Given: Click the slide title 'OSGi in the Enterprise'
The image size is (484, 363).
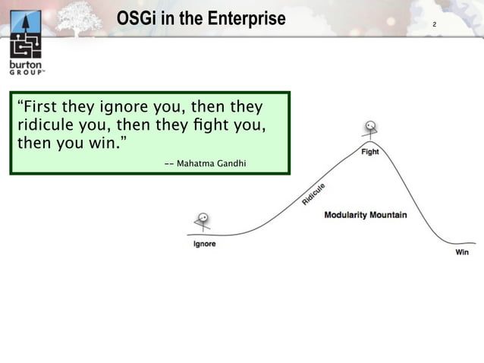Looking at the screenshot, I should (201, 18).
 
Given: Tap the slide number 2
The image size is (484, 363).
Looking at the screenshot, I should (434, 26).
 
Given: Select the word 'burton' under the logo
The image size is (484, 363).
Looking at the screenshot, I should (26, 66).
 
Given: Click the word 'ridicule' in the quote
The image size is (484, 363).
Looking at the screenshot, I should (42, 124).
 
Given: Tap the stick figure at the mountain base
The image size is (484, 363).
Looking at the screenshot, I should (203, 222).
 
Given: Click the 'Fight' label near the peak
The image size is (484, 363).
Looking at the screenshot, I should (369, 152).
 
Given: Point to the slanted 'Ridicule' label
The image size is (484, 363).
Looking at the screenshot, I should (314, 194).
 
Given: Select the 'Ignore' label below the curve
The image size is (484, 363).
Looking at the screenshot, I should (204, 244).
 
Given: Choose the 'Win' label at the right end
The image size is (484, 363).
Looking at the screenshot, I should (461, 251).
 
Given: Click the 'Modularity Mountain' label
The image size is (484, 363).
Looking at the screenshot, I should (365, 215).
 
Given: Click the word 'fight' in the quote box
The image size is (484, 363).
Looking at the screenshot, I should (210, 124).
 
